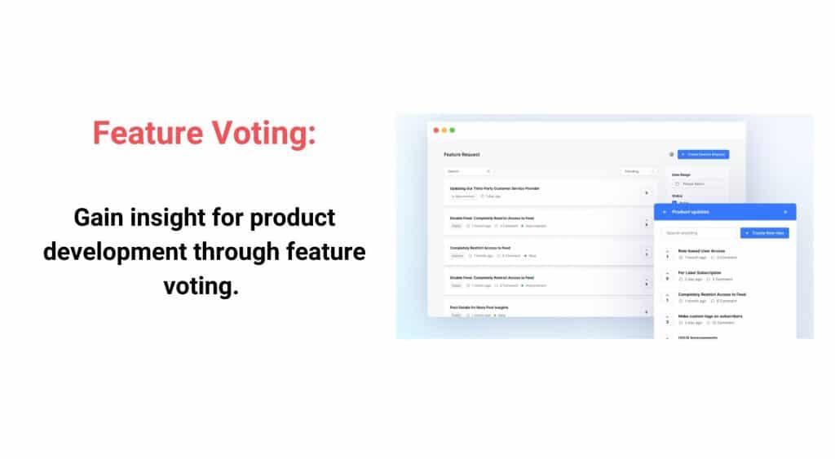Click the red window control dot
tap(436, 130)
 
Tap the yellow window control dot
tap(444, 130)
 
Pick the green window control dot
tap(453, 130)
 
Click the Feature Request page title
tap(462, 154)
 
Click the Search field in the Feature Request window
tap(467, 171)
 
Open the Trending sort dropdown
tap(638, 171)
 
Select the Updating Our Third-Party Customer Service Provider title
tap(494, 188)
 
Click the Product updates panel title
tap(690, 212)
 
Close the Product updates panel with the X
tap(785, 212)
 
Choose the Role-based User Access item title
tap(700, 251)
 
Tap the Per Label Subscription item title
tap(699, 272)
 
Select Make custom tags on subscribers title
tap(709, 316)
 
